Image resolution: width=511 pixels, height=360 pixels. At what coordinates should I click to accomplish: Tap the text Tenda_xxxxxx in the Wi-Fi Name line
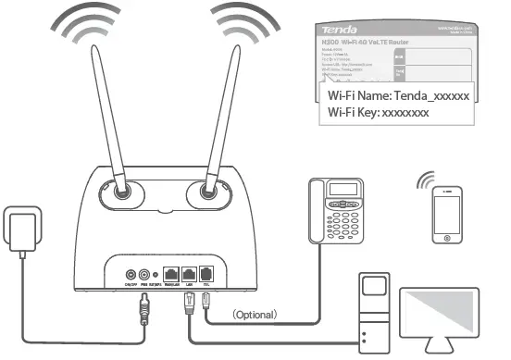click(431, 96)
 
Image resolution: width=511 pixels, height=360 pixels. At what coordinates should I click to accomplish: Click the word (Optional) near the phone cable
click(254, 316)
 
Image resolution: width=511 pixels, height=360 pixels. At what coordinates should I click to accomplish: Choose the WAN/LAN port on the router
click(171, 274)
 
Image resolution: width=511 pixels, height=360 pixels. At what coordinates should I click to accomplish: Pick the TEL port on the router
click(206, 274)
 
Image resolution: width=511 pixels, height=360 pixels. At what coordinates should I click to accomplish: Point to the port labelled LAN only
click(189, 274)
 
